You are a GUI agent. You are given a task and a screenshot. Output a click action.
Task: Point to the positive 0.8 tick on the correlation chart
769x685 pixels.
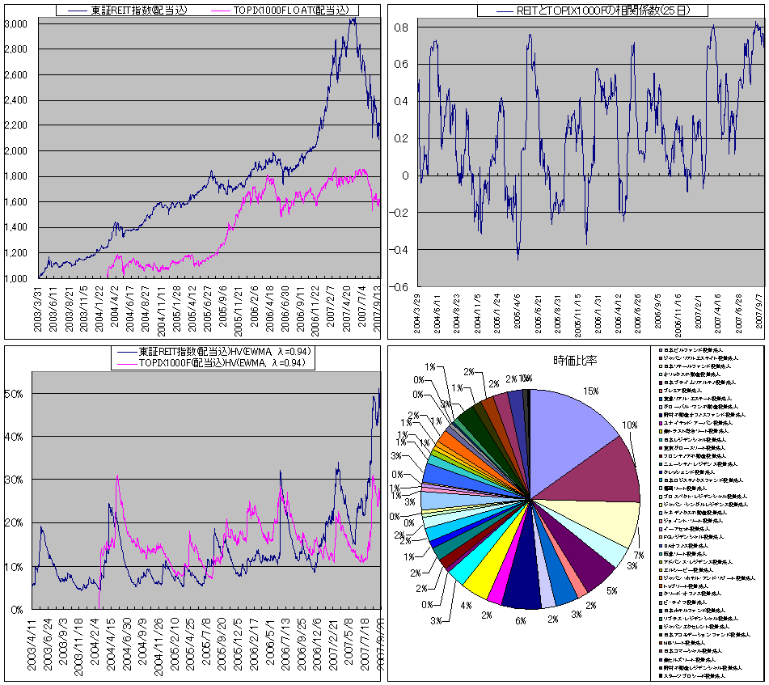click(x=402, y=27)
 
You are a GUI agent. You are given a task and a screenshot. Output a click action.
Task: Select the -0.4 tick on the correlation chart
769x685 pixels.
click(x=400, y=249)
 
